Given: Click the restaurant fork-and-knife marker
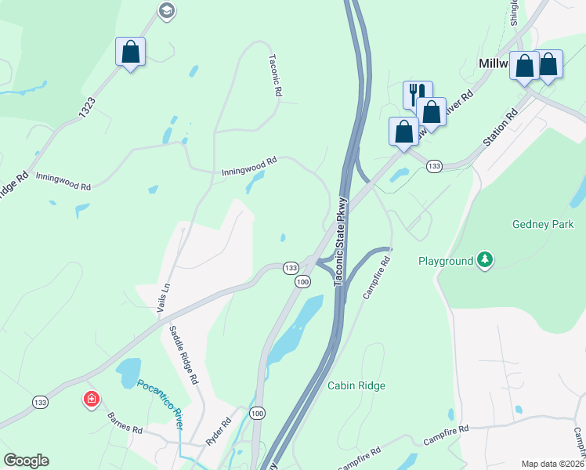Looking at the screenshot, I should tap(417, 94).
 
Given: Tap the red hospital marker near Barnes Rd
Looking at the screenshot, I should tap(92, 399).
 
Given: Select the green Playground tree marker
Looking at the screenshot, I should tap(486, 260).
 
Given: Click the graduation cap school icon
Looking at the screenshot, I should tap(166, 10).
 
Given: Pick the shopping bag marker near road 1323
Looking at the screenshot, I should tap(130, 52).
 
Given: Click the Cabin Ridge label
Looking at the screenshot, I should tap(356, 385).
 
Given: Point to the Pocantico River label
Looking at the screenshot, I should tap(160, 400).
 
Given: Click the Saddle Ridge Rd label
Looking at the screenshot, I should tap(183, 355).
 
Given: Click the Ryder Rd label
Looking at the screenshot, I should tap(219, 432).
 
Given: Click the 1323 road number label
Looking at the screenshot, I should tap(88, 109).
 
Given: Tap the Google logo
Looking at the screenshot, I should tap(26, 461).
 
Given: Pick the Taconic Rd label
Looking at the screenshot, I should tap(275, 74).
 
